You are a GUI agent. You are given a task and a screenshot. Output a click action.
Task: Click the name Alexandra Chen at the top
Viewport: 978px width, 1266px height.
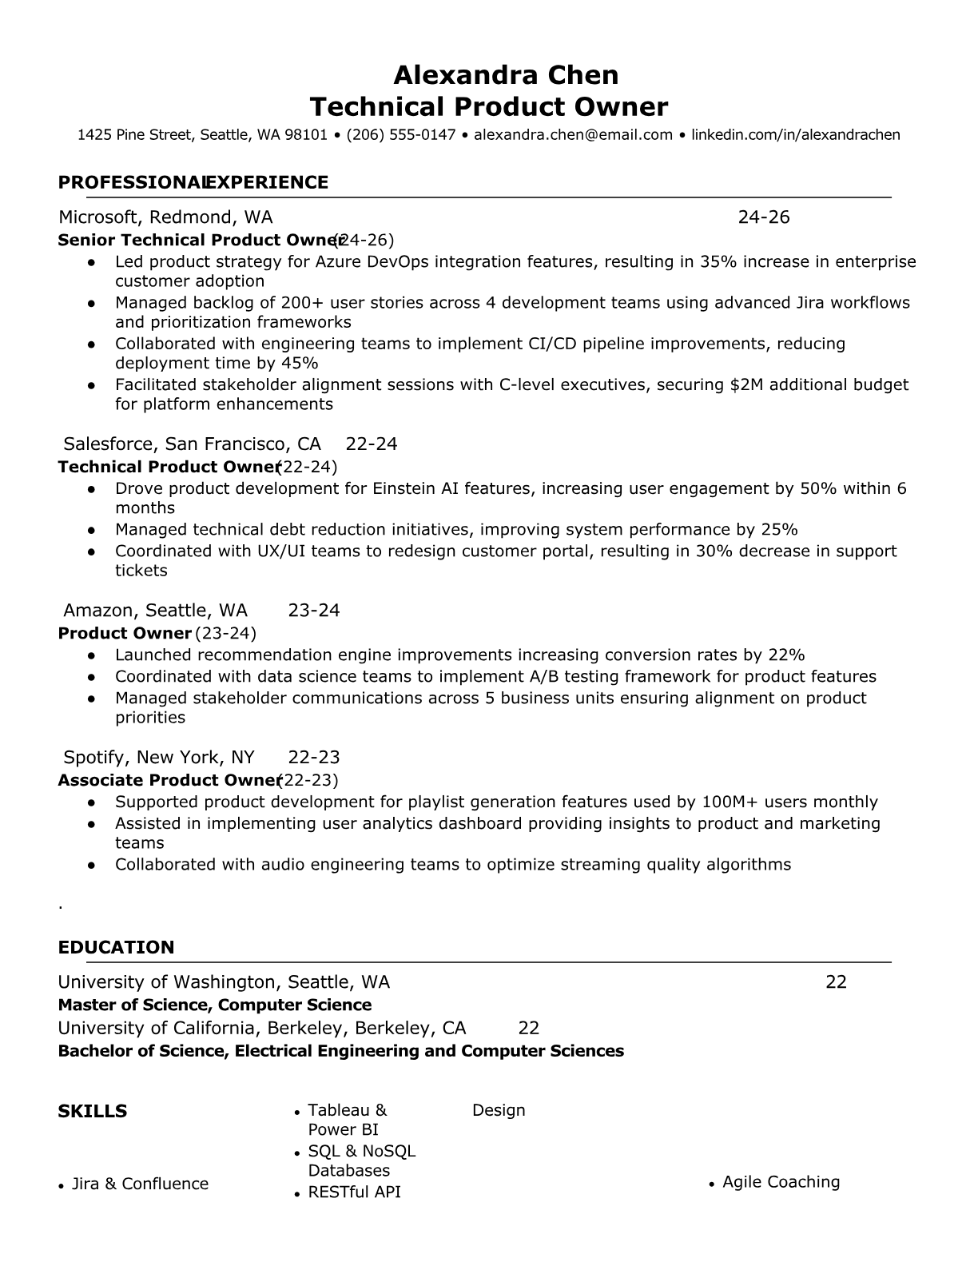(x=506, y=75)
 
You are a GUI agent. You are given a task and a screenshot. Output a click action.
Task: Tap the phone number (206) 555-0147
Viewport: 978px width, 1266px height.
(x=401, y=135)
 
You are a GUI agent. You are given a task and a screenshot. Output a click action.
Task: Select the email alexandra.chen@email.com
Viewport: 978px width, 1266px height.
(x=573, y=135)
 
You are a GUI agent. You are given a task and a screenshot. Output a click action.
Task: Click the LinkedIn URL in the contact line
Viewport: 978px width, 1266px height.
(x=795, y=135)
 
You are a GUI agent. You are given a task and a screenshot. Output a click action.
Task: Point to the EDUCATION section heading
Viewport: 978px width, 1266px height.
(x=116, y=948)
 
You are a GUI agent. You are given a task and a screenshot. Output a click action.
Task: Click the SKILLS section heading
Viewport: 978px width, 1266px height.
(x=93, y=1112)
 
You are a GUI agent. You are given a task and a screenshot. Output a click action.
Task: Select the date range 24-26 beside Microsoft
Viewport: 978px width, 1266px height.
(x=763, y=217)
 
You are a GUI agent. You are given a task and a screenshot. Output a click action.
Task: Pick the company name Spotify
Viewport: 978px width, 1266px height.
(x=95, y=758)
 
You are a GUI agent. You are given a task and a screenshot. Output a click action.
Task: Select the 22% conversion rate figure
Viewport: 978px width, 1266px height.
(x=786, y=655)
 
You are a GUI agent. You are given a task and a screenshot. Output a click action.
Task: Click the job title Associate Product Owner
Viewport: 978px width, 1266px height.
(x=167, y=781)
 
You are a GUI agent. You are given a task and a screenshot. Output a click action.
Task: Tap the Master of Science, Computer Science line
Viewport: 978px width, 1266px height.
(x=215, y=1005)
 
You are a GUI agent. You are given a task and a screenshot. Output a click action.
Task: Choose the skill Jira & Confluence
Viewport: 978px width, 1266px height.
(x=140, y=1184)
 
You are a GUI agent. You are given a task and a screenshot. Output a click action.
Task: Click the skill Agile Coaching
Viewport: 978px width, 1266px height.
(x=781, y=1183)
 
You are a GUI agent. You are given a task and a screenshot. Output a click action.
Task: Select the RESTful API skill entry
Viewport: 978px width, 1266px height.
(x=354, y=1192)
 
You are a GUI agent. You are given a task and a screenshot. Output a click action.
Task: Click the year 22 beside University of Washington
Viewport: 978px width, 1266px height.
(x=836, y=982)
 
